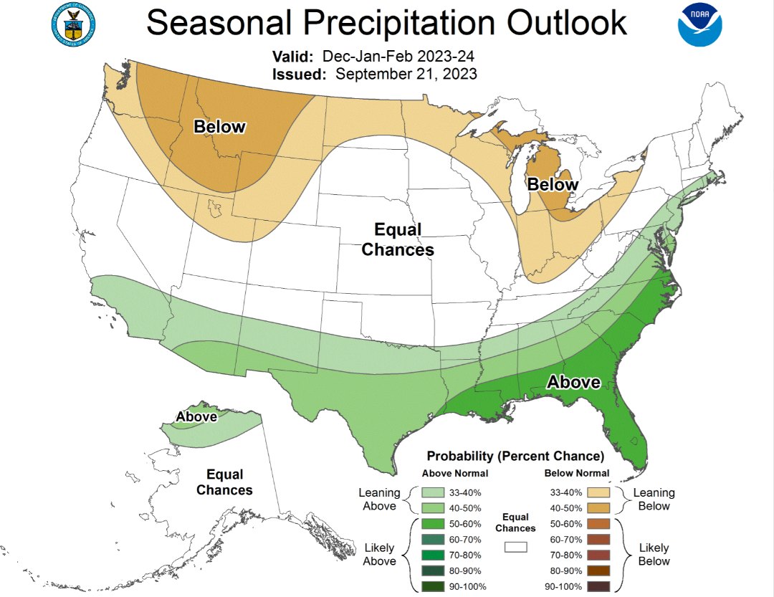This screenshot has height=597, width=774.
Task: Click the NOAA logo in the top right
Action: tap(701, 25)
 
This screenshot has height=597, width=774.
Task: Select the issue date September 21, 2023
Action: tap(406, 74)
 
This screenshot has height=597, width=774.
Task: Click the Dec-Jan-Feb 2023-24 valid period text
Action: tap(398, 57)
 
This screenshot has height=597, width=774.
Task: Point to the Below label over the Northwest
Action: tap(219, 127)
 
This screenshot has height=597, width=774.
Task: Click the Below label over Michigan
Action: tap(553, 184)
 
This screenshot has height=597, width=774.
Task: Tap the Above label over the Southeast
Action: tap(573, 382)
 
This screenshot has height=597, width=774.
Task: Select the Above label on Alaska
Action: tap(196, 416)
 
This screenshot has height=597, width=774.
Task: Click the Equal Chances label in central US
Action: tap(398, 239)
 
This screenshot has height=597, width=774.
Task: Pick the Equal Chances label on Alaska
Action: tap(224, 482)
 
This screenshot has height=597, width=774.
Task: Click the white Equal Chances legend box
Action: tap(515, 547)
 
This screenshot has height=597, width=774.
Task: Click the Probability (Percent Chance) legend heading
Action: tap(515, 456)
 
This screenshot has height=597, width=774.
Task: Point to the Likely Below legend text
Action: tap(654, 554)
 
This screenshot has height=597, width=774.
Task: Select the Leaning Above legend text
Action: tap(379, 500)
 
